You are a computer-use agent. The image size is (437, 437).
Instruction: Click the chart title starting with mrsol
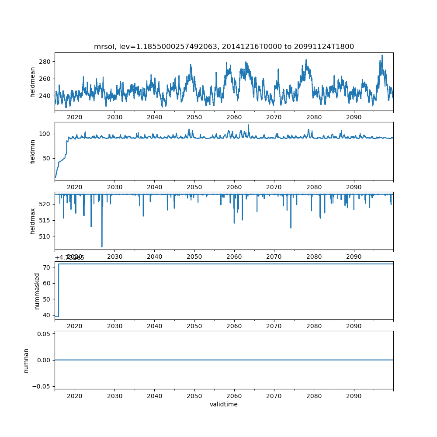(x=224, y=46)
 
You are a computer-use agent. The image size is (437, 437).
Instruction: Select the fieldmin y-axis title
(x=33, y=151)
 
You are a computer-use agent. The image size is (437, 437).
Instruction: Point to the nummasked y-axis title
(x=37, y=291)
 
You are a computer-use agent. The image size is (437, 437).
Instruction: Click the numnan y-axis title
(x=26, y=360)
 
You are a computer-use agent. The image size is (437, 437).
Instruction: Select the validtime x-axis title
(x=224, y=404)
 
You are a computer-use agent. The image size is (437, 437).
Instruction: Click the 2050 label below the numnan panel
(x=194, y=395)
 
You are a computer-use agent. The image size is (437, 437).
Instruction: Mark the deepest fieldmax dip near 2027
(x=102, y=247)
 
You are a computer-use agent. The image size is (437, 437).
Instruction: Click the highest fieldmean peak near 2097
(x=382, y=55)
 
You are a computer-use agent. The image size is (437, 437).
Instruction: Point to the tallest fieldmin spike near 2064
(x=249, y=125)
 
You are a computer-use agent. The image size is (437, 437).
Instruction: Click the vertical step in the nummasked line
(x=59, y=290)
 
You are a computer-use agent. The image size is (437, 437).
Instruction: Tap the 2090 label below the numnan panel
(x=354, y=395)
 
